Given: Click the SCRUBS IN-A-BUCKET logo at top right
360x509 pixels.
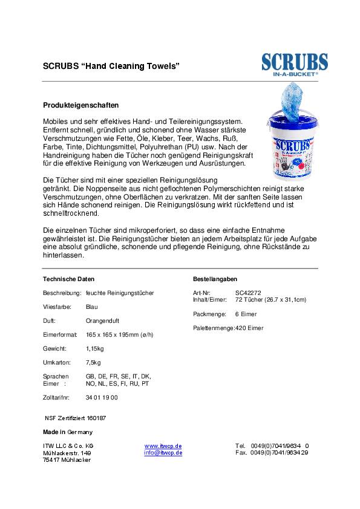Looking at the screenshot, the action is click(x=295, y=65).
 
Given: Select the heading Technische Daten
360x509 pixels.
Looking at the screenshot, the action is click(x=69, y=279).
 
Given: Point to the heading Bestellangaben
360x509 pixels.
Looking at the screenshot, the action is click(x=215, y=279).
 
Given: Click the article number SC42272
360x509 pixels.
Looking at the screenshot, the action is click(x=248, y=293).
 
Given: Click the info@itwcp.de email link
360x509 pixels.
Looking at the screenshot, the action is click(x=163, y=452).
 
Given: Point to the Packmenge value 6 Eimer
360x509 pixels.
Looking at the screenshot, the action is click(x=246, y=314).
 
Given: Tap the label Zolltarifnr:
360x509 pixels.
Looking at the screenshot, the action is click(x=56, y=397).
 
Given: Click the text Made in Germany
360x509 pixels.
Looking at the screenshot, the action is click(x=67, y=432).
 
